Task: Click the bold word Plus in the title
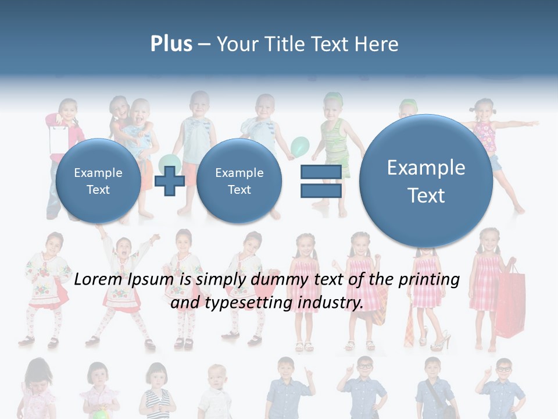[x=171, y=44]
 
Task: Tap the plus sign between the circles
[x=170, y=181]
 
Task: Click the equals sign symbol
[x=320, y=181]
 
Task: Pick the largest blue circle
[x=426, y=180]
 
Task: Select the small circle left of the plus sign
[x=98, y=181]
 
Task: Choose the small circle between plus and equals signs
[x=239, y=181]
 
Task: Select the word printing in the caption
[x=429, y=279]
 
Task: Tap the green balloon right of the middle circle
[x=300, y=146]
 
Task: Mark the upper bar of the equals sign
[x=320, y=172]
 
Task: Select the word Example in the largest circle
[x=426, y=168]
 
